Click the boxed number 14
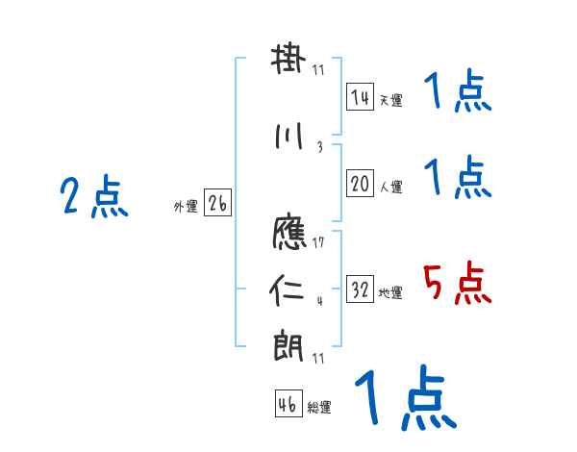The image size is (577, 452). point(361,97)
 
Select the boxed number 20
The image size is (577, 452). point(361,185)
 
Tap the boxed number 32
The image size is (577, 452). point(361,290)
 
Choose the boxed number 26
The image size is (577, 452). point(217,204)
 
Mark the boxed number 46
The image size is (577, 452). point(288,405)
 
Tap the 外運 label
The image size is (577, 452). point(186,207)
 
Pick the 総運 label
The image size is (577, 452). point(318,408)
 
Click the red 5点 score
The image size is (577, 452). point(457,284)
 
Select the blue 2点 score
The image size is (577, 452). point(93,198)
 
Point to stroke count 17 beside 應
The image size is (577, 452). point(318,241)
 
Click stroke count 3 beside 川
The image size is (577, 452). point(318,147)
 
